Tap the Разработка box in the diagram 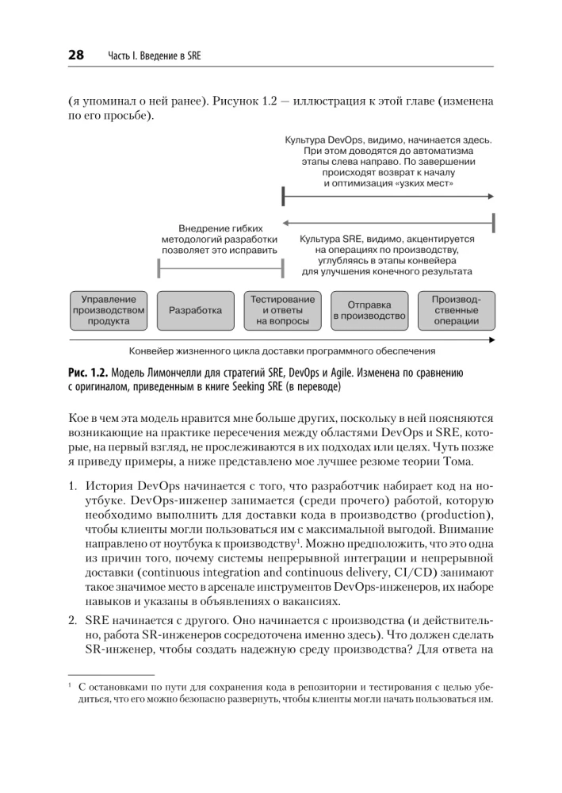[195, 310]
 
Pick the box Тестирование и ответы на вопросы [282, 310]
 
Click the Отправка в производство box [369, 310]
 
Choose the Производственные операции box [456, 310]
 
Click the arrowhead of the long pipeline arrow [492, 339]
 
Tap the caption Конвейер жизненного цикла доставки [281, 351]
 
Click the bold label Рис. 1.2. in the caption [86, 373]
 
